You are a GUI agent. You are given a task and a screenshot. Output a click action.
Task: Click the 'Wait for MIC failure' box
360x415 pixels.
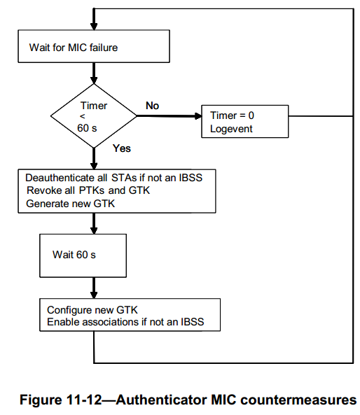pyautogui.click(x=94, y=46)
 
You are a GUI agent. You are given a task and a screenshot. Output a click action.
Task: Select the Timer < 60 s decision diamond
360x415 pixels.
pyautogui.click(x=94, y=116)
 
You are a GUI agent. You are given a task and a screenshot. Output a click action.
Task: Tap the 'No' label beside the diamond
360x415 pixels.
pyautogui.click(x=152, y=106)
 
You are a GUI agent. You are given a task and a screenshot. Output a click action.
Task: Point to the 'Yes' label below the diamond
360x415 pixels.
pyautogui.click(x=122, y=148)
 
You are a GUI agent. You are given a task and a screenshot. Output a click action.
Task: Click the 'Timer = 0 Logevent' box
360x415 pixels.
pyautogui.click(x=244, y=122)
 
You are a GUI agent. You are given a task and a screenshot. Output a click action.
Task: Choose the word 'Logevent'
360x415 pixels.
pyautogui.click(x=231, y=129)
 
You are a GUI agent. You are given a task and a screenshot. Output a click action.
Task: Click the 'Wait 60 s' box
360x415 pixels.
pyautogui.click(x=83, y=255)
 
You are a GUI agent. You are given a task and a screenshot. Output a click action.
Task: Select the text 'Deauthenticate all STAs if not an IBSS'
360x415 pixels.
pyautogui.click(x=114, y=178)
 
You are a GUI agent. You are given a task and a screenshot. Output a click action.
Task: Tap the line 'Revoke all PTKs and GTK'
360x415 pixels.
pyautogui.click(x=88, y=190)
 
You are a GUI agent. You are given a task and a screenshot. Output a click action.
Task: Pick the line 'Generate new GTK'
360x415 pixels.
pyautogui.click(x=71, y=204)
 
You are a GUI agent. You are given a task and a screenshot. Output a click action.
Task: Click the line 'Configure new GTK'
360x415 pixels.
pyautogui.click(x=92, y=309)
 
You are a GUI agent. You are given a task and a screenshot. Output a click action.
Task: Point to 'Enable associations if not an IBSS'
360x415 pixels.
pyautogui.click(x=125, y=322)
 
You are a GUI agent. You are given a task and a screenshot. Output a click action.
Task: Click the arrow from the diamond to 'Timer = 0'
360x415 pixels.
pyautogui.click(x=169, y=116)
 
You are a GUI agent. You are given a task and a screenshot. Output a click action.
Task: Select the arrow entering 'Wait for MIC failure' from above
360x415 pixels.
pyautogui.click(x=94, y=19)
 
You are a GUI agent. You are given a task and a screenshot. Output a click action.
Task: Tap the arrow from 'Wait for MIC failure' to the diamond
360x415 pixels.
pyautogui.click(x=94, y=73)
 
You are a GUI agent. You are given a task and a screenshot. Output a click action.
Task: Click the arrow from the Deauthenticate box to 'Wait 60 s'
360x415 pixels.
pyautogui.click(x=94, y=223)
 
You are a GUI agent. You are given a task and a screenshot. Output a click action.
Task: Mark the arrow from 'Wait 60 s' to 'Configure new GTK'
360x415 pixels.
pyautogui.click(x=94, y=288)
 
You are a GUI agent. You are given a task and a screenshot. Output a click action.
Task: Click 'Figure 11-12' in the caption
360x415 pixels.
pyautogui.click(x=61, y=400)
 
